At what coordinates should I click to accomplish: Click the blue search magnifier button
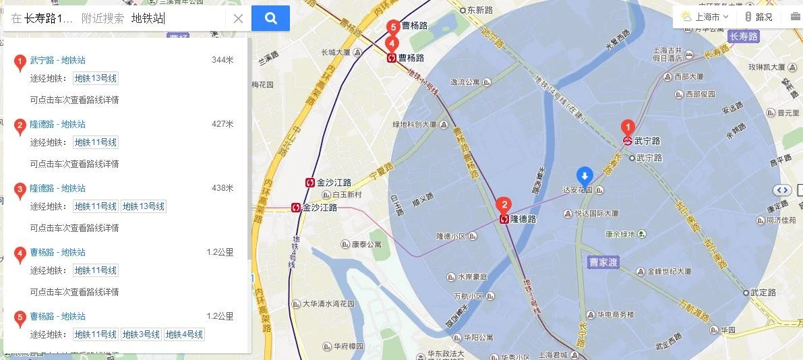270,18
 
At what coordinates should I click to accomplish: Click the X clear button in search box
238,19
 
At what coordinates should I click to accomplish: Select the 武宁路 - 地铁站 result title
58,60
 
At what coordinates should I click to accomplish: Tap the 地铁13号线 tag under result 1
96,78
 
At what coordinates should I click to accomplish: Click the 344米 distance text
222,60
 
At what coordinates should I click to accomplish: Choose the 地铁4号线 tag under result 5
184,334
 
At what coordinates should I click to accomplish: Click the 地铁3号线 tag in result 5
141,334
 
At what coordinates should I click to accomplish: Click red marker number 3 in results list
20,189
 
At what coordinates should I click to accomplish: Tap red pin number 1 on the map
628,127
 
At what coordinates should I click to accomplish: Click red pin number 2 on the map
503,205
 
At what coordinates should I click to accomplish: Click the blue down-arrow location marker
585,175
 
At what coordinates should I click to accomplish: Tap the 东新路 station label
480,10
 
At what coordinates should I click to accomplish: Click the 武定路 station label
763,293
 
